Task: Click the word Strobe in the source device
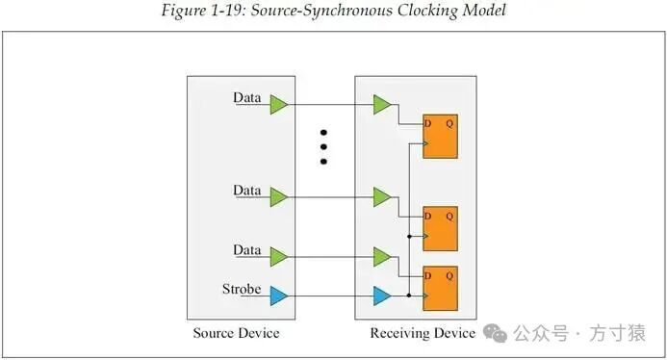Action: (242, 289)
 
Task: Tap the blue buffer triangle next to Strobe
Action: (278, 296)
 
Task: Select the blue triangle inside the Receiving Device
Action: (382, 296)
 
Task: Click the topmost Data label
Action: (246, 97)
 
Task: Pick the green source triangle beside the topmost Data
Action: (278, 105)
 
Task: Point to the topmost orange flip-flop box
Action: (440, 136)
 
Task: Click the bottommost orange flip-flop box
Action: (440, 289)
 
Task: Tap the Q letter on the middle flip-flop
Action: (449, 217)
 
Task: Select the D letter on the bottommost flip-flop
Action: (428, 276)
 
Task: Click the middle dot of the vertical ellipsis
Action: (323, 147)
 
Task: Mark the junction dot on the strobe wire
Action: (409, 296)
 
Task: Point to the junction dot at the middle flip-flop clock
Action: (409, 236)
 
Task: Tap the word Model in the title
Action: (484, 10)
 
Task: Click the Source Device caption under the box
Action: (236, 333)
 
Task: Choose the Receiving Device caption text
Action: (423, 333)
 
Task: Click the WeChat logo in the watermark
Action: (495, 333)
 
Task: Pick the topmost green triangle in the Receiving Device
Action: (382, 105)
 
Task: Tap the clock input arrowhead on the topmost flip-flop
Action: (425, 143)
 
